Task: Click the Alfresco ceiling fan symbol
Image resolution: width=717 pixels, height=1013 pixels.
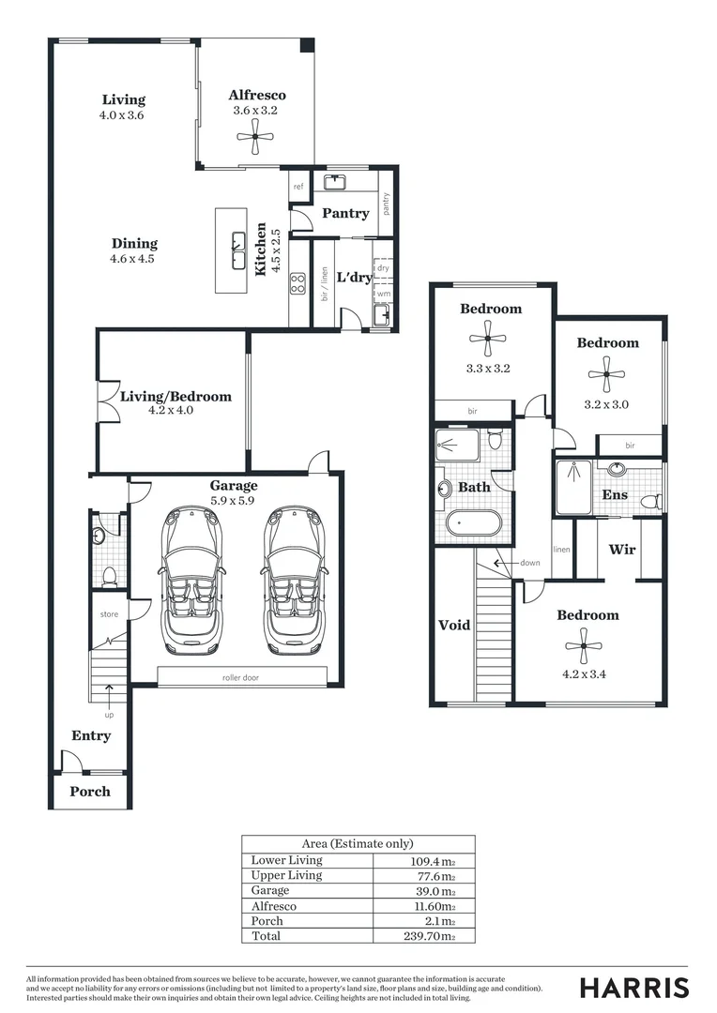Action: click(x=255, y=138)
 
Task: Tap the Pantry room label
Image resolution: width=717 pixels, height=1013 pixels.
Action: click(x=345, y=213)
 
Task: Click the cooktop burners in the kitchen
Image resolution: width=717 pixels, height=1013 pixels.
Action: click(x=297, y=282)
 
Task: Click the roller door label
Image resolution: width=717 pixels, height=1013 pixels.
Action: click(x=241, y=676)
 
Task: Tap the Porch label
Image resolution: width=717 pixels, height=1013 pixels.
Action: click(x=90, y=791)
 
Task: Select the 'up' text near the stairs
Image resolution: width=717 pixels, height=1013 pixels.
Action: click(x=110, y=715)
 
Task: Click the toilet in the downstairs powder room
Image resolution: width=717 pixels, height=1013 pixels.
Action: click(x=109, y=575)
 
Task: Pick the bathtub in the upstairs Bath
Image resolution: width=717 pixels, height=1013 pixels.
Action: click(x=473, y=522)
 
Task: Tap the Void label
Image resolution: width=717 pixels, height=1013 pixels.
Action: click(x=454, y=625)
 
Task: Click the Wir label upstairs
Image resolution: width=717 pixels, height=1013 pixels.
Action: click(x=622, y=549)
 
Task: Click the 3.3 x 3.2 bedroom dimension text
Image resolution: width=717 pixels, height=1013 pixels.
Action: click(x=488, y=368)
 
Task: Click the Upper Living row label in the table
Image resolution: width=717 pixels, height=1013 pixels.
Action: click(x=286, y=875)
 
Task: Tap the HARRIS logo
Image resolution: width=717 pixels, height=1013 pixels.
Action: click(x=634, y=987)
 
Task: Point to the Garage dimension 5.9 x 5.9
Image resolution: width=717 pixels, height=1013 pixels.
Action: click(x=234, y=501)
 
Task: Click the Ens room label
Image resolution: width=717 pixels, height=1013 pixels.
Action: click(x=615, y=494)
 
